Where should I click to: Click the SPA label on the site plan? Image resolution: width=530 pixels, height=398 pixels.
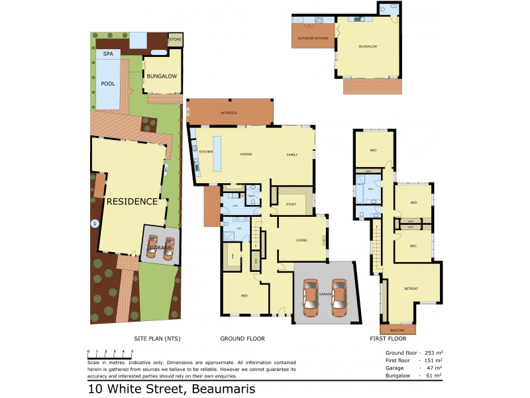(x=107, y=53)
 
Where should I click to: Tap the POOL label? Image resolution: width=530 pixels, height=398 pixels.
(x=107, y=84)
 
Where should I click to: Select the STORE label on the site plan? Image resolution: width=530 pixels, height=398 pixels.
(x=175, y=40)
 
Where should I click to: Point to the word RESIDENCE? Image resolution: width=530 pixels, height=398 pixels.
(x=132, y=202)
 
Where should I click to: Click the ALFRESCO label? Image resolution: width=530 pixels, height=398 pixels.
(x=229, y=113)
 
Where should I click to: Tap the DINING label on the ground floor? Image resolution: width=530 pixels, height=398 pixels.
(x=246, y=155)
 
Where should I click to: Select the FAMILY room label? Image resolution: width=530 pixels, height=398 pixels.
(x=291, y=155)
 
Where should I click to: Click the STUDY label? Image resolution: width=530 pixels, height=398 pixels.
(x=291, y=204)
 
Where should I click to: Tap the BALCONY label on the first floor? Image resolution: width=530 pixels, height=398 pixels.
(x=398, y=330)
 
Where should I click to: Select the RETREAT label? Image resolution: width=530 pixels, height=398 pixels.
(x=411, y=289)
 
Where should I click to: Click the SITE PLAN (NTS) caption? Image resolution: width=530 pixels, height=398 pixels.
(x=157, y=339)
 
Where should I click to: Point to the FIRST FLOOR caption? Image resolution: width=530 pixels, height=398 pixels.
(x=388, y=339)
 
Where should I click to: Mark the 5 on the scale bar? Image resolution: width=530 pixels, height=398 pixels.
(x=132, y=350)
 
